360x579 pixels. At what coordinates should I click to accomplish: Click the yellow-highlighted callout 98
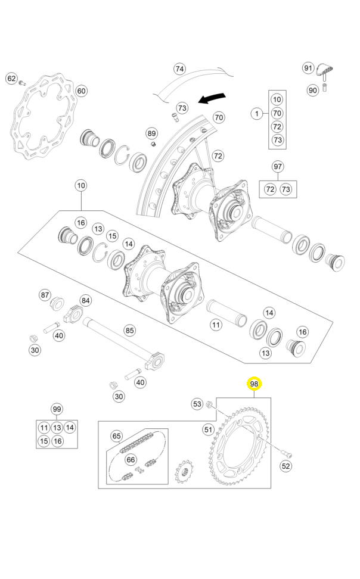[x=255, y=384]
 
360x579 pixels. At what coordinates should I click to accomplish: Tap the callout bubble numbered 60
[x=80, y=91]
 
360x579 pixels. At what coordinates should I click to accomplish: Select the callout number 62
[x=11, y=78]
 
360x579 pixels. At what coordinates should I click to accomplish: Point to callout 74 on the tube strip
[x=180, y=69]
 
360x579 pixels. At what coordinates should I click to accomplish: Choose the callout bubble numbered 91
[x=308, y=68]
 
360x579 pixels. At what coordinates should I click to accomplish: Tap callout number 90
[x=313, y=90]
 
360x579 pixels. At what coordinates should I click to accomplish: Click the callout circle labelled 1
[x=256, y=113]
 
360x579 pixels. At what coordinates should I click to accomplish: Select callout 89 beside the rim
[x=151, y=133]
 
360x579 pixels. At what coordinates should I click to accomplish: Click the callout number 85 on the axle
[x=129, y=330]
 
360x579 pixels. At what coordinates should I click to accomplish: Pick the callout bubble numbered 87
[x=45, y=295]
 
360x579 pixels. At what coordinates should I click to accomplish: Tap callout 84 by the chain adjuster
[x=86, y=301]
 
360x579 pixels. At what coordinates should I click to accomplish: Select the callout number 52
[x=286, y=466]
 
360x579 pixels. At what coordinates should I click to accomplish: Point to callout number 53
[x=197, y=404]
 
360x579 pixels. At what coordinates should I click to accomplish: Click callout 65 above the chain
[x=117, y=436]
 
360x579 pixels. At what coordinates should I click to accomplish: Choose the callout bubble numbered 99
[x=57, y=409]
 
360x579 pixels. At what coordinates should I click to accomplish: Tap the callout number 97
[x=277, y=166]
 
